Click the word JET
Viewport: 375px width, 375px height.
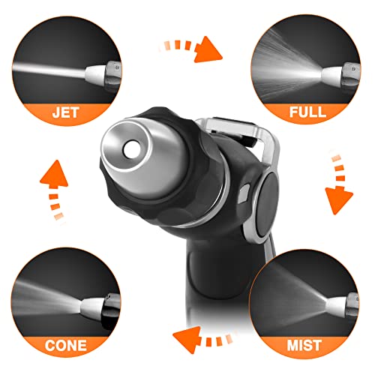pos(66,112)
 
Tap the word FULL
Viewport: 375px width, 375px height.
pos(307,112)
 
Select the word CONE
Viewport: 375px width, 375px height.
pos(66,345)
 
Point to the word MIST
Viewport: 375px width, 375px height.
pos(304,345)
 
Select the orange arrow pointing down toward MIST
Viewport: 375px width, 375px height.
pos(339,185)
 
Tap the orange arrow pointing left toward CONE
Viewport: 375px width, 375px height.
pos(202,339)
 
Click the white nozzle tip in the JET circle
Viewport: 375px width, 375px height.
pos(94,73)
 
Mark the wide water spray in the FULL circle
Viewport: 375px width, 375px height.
pos(285,67)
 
